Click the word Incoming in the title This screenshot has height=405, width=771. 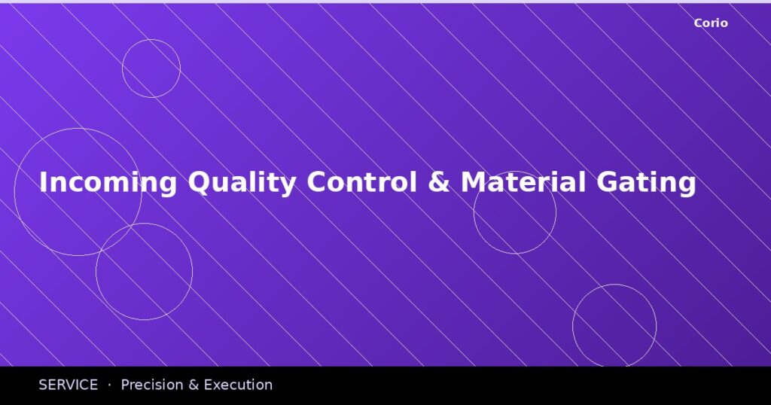point(108,183)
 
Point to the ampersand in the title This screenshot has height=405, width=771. point(438,183)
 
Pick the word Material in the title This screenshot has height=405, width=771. point(523,183)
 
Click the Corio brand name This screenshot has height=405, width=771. point(710,23)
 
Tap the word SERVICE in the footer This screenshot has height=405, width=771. point(68,385)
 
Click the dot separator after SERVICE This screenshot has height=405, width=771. point(109,385)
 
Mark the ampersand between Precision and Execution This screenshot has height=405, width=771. point(194,385)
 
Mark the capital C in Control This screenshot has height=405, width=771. point(317,183)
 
